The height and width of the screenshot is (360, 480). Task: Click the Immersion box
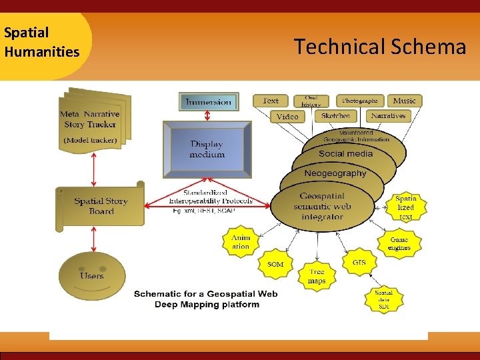point(209,101)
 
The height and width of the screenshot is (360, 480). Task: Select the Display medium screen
point(207,149)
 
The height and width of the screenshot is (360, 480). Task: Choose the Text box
point(271,101)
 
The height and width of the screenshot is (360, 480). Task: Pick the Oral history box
point(311,101)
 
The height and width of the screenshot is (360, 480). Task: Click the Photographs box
point(360,101)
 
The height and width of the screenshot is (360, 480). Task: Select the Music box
point(404,101)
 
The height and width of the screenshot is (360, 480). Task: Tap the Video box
point(287,116)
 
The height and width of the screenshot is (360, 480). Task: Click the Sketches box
point(335,116)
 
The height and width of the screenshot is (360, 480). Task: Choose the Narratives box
point(388,116)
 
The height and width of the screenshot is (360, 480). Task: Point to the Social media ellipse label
point(345,154)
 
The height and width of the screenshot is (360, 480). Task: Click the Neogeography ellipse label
point(335,173)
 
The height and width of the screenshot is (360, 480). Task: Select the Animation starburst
point(241,242)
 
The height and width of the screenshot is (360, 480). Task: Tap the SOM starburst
point(275,264)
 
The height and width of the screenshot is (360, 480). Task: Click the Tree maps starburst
point(317,277)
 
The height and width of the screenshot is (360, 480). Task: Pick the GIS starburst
point(359,262)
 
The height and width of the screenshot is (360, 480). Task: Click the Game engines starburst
point(399,243)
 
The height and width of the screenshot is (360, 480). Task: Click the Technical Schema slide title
point(380,47)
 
